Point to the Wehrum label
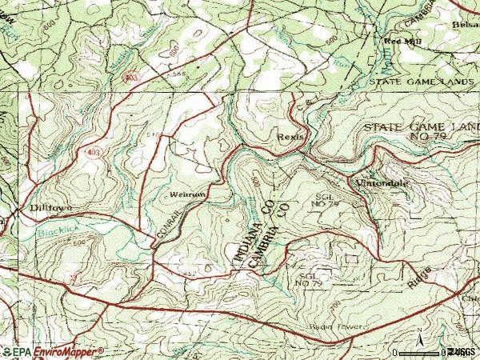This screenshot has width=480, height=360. click(183, 194)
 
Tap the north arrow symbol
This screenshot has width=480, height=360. click(419, 336)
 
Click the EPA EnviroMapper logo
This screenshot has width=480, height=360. click(52, 351)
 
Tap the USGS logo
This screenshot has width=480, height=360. click(462, 351)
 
